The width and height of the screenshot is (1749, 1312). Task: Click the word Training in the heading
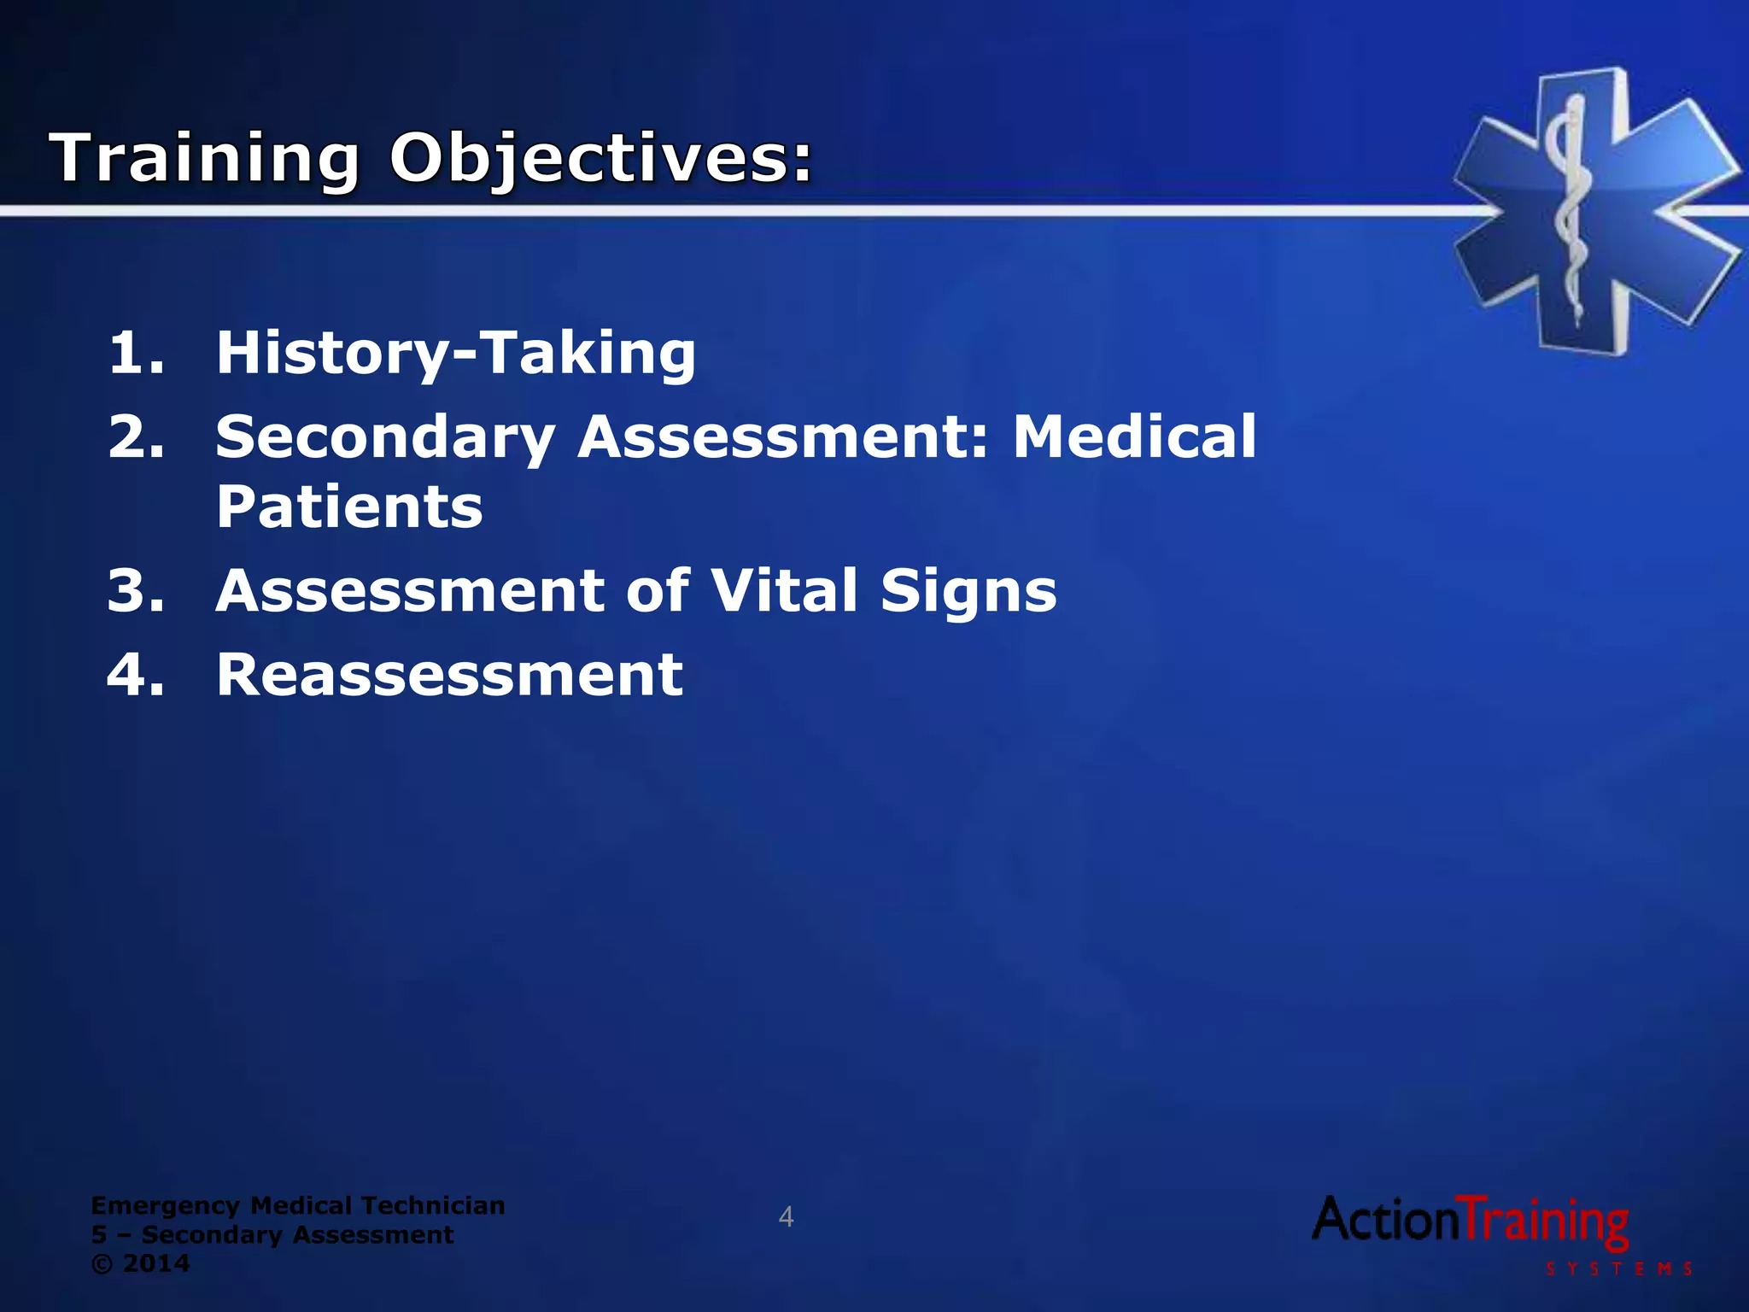tap(205, 159)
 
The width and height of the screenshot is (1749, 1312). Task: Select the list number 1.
tap(135, 353)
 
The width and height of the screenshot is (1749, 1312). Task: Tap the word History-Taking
tap(455, 353)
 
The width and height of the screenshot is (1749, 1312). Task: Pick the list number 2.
tap(135, 436)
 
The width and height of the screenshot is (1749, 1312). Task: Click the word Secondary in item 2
tap(385, 436)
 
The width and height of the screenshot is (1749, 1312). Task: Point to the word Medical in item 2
tap(1134, 436)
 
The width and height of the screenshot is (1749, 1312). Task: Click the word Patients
tap(349, 507)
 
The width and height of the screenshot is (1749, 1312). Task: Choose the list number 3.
tap(135, 590)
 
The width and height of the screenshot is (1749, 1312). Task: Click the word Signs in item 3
tap(968, 590)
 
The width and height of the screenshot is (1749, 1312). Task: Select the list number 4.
tap(135, 675)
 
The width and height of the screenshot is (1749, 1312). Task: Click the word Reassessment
tap(449, 675)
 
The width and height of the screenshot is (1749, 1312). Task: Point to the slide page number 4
tap(786, 1217)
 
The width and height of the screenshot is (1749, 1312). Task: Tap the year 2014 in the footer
tap(156, 1263)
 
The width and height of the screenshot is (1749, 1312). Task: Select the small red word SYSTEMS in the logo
tap(1618, 1269)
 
